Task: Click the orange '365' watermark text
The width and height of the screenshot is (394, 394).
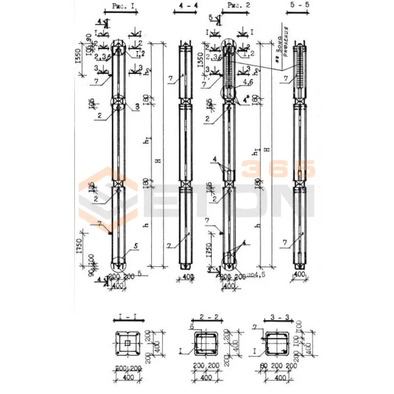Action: coord(278,169)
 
